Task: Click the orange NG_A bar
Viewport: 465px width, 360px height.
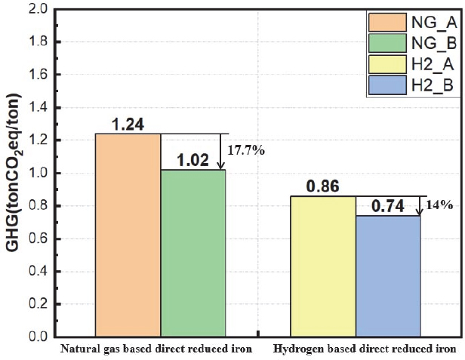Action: point(128,234)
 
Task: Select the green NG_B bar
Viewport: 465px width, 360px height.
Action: point(192,253)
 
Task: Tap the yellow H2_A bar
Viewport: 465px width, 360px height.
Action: point(323,266)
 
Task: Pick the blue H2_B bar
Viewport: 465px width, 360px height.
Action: point(387,275)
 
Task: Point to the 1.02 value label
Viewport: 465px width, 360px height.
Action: point(192,161)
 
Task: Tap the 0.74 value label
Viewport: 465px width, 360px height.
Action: point(388,206)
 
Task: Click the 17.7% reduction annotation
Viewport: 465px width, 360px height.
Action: point(247,150)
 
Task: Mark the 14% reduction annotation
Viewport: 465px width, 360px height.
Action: point(441,205)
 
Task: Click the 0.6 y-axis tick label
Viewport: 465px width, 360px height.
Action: point(51,238)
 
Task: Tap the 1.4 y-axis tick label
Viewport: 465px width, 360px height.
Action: point(51,108)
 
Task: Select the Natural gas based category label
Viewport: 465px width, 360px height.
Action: point(156,349)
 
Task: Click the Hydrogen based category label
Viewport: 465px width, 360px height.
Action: point(364,349)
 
